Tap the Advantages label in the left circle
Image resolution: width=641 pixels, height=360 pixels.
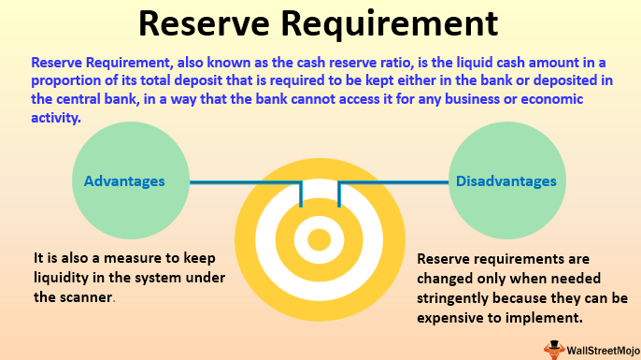click(x=124, y=181)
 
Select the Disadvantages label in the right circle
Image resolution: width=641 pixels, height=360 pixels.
click(x=506, y=181)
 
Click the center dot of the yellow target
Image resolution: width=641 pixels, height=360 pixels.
click(x=320, y=240)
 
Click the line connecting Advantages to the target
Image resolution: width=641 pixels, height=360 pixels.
click(x=234, y=181)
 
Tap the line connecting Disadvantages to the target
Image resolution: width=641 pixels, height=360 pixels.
click(x=392, y=181)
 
